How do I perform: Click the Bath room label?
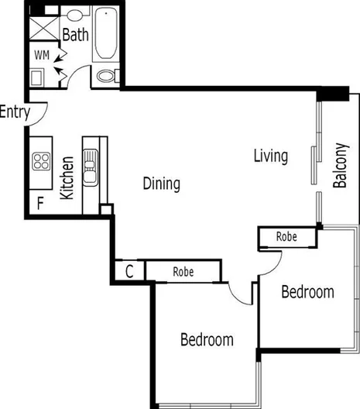(x=75, y=35)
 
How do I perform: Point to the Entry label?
(x=15, y=112)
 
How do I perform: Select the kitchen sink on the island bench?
(x=91, y=170)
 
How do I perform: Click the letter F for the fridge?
(x=40, y=204)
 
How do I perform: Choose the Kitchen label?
(x=67, y=178)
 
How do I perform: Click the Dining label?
(x=162, y=184)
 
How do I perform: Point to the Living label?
(x=271, y=156)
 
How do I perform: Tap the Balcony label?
(x=340, y=165)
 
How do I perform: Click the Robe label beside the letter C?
(x=183, y=272)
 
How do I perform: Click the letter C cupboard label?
(x=130, y=272)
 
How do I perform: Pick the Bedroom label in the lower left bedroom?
(x=207, y=339)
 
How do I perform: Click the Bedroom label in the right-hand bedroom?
(x=307, y=292)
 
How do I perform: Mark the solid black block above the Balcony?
(x=334, y=93)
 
